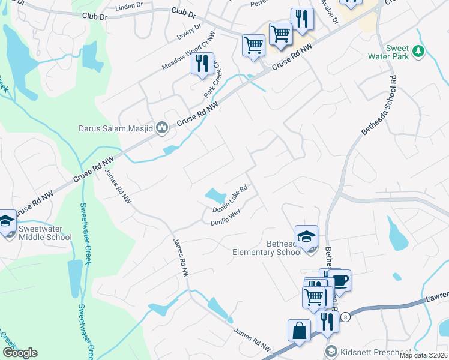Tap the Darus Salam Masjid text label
(x=116, y=128)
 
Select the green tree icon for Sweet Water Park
(x=419, y=53)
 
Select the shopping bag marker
(x=299, y=331)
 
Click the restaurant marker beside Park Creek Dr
(x=202, y=64)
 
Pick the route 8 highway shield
(x=345, y=316)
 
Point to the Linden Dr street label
(x=131, y=7)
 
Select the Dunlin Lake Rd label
(x=235, y=199)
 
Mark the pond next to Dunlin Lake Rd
(x=215, y=195)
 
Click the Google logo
(x=20, y=353)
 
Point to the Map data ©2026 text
(x=423, y=355)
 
